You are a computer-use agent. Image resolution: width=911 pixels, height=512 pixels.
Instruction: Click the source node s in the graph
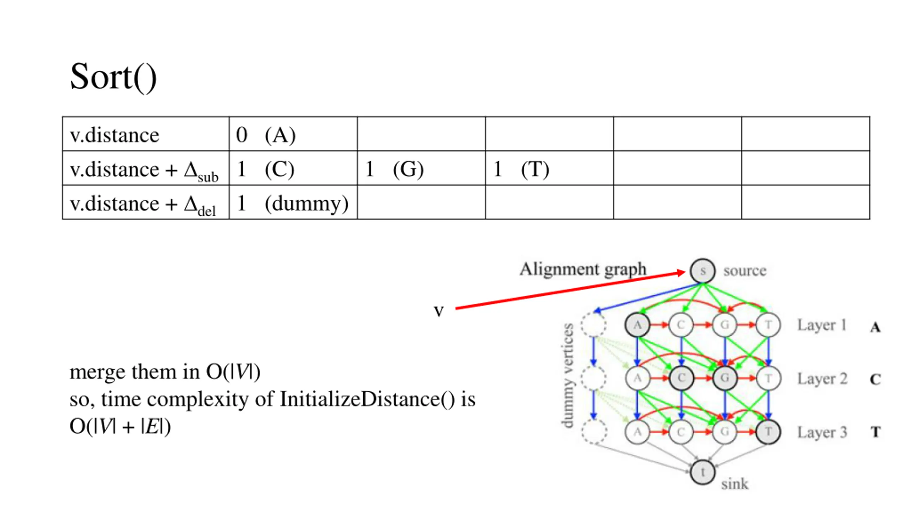point(702,271)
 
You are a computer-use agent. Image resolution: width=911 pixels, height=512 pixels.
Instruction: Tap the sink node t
point(702,472)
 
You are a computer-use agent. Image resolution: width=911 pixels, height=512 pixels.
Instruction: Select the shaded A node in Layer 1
point(637,325)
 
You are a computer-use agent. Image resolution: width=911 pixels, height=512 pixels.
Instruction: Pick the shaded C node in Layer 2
point(681,378)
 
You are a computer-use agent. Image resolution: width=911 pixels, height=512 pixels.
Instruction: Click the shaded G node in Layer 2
point(725,378)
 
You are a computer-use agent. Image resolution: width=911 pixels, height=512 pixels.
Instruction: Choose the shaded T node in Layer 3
point(768,432)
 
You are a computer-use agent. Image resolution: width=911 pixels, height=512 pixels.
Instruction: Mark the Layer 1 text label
point(821,325)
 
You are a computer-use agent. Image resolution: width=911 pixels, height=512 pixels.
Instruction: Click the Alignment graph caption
point(583,269)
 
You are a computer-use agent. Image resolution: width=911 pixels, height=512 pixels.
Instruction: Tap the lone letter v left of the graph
point(439,311)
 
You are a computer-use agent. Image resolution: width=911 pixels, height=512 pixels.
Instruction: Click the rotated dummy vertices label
point(568,375)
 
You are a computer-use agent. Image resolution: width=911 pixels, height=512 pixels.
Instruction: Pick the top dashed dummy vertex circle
point(594,325)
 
